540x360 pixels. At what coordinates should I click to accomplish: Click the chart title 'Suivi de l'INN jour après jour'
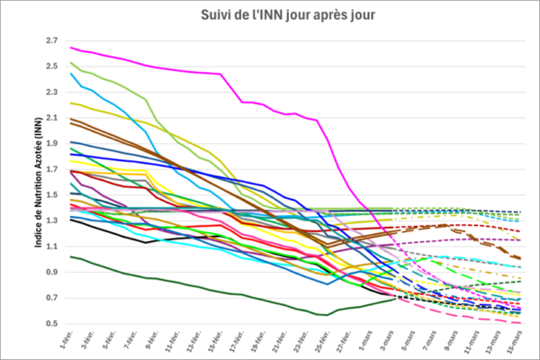[276, 15]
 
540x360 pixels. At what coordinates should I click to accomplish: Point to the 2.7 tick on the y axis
[50, 40]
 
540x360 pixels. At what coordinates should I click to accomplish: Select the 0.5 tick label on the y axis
[50, 323]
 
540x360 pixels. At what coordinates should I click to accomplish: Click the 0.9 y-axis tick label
[50, 272]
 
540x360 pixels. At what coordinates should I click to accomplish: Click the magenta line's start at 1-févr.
[70, 47]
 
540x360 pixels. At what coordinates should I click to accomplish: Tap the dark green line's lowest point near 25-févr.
[319, 315]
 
